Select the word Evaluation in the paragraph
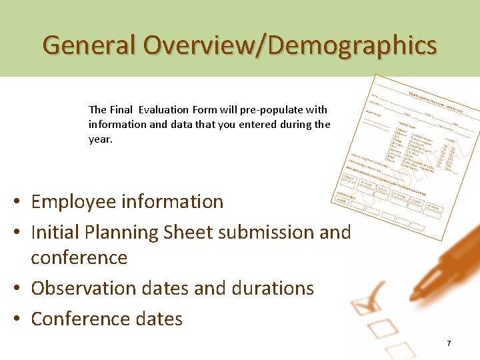(x=163, y=109)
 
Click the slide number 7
(x=449, y=343)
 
